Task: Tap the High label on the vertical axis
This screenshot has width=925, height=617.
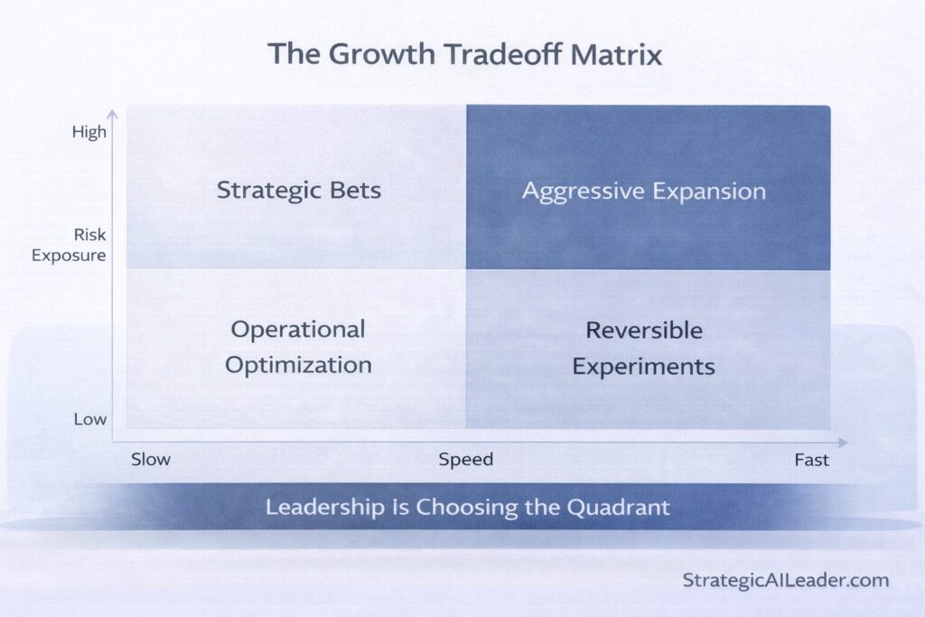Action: pos(89,132)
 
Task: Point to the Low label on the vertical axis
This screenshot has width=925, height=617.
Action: pos(89,419)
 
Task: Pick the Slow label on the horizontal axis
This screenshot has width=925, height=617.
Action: pos(150,460)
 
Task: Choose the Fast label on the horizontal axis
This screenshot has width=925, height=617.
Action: pos(811,460)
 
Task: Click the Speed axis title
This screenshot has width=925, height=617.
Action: pos(466,460)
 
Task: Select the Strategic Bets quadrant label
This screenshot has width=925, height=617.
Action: pos(299,191)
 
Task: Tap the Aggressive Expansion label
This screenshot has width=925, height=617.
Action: pos(644,192)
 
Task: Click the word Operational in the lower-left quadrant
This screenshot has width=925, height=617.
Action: pos(298,329)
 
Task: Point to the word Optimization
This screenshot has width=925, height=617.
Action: pos(298,365)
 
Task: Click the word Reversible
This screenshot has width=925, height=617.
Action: pos(644,330)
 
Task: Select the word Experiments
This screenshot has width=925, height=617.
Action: pos(644,367)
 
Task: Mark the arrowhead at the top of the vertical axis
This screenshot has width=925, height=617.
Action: pos(112,114)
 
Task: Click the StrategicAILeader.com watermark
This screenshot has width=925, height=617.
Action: pos(786,580)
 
